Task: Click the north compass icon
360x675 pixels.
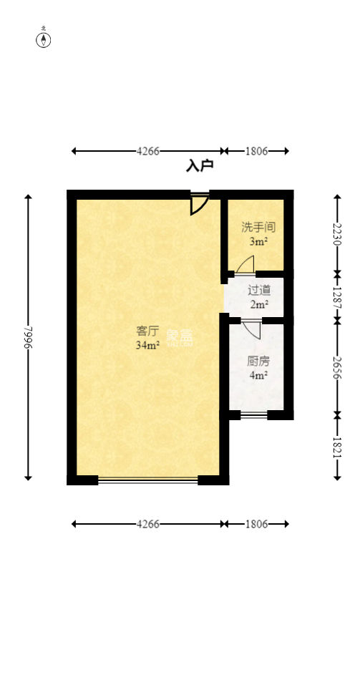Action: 44,39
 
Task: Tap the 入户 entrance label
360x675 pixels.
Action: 200,166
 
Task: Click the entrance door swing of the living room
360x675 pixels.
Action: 199,203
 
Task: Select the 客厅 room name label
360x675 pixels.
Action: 147,331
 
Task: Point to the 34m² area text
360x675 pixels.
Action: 147,345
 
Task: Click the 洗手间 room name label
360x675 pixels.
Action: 258,228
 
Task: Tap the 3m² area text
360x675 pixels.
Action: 258,242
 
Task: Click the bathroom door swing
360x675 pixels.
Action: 245,266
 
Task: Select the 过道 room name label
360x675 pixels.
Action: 258,290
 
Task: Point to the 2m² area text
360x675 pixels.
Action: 258,304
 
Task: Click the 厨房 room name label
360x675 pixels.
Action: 258,361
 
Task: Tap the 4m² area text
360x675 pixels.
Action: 258,374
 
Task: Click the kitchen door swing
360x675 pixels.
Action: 251,329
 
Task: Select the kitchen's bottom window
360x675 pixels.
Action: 253,414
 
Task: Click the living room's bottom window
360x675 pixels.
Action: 147,480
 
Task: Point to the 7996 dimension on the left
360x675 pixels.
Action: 28,337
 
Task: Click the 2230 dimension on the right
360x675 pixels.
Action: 337,233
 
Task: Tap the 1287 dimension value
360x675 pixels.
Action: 337,297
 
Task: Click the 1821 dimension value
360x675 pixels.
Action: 337,447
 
